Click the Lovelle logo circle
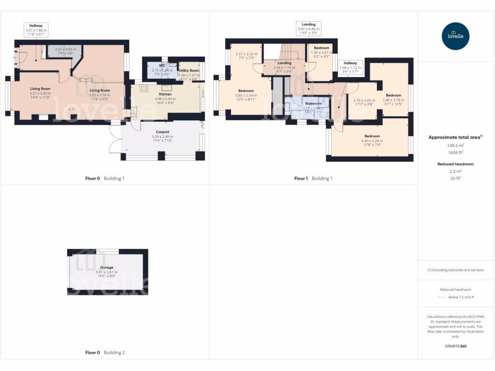pos(455,36)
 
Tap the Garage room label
pos(107,267)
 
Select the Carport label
pos(162,131)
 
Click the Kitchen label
pos(165,94)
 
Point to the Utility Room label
pos(189,71)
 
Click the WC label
pos(162,65)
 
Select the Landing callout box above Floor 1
pos(308,27)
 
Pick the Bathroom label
pos(314,103)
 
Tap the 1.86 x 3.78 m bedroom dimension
pos(393,100)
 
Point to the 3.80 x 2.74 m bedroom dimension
pos(246,95)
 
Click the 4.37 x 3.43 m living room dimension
pos(41,93)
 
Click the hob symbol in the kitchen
pos(144,88)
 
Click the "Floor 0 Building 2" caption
pos(105,353)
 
